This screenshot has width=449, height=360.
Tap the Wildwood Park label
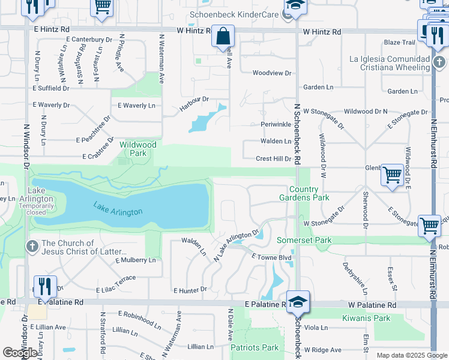[x=138, y=149]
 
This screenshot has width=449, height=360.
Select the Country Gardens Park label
[x=304, y=193]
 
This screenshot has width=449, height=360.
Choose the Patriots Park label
[x=255, y=347]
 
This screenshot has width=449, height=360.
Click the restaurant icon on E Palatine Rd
[x=45, y=287]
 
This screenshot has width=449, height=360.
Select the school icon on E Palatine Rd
[x=298, y=301]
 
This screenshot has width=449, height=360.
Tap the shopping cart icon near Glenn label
[x=392, y=175]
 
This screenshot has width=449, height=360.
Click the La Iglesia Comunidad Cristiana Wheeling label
[x=389, y=63]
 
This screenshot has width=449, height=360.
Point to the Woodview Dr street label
[x=271, y=73]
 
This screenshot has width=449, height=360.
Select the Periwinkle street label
[x=276, y=124]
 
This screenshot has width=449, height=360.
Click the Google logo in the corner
[x=19, y=353]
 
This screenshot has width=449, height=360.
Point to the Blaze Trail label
[x=400, y=43]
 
